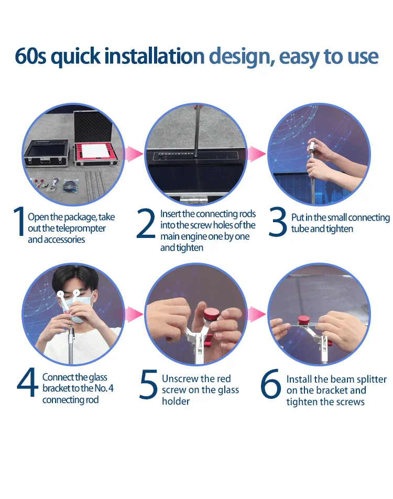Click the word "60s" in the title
pos(30,56)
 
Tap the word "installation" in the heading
pos(155,56)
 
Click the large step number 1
pos(19,222)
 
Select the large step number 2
pos(146,223)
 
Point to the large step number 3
pos(278,222)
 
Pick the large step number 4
pos(27,382)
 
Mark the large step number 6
pos(270,384)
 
